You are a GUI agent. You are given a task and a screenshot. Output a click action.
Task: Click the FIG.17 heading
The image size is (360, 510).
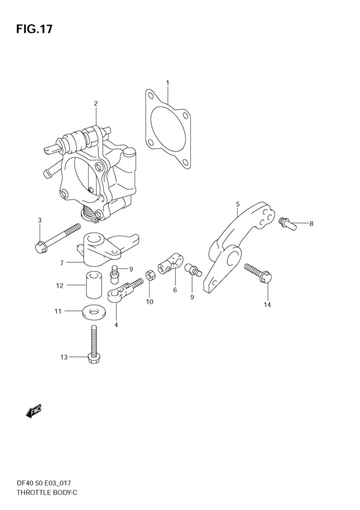(x=34, y=29)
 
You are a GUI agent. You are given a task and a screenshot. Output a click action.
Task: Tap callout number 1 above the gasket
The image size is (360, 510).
(x=167, y=83)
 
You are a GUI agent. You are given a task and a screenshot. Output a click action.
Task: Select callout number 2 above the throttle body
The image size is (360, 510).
(x=96, y=104)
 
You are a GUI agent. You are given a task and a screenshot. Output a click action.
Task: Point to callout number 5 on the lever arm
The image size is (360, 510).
(x=238, y=204)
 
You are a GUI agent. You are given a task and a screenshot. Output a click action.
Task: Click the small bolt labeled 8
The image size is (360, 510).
(x=287, y=224)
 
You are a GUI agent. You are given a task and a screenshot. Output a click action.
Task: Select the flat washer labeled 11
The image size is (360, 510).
(x=94, y=312)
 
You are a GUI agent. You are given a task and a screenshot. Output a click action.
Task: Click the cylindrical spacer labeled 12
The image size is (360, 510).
(x=94, y=285)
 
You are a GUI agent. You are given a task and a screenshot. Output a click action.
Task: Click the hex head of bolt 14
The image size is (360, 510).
(x=266, y=277)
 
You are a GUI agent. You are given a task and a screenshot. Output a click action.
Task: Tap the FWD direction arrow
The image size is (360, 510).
(x=34, y=411)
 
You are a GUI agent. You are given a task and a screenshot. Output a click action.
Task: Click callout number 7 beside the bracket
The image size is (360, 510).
(x=61, y=263)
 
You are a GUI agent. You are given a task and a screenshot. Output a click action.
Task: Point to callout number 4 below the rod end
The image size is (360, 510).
(x=116, y=325)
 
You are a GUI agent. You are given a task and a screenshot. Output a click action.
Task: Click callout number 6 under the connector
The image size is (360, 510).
(x=175, y=290)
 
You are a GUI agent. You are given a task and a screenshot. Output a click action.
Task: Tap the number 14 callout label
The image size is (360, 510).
(x=267, y=305)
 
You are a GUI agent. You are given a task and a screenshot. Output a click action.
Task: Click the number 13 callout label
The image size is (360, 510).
(x=64, y=357)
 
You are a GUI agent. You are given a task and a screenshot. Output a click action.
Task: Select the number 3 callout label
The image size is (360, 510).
(x=40, y=220)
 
